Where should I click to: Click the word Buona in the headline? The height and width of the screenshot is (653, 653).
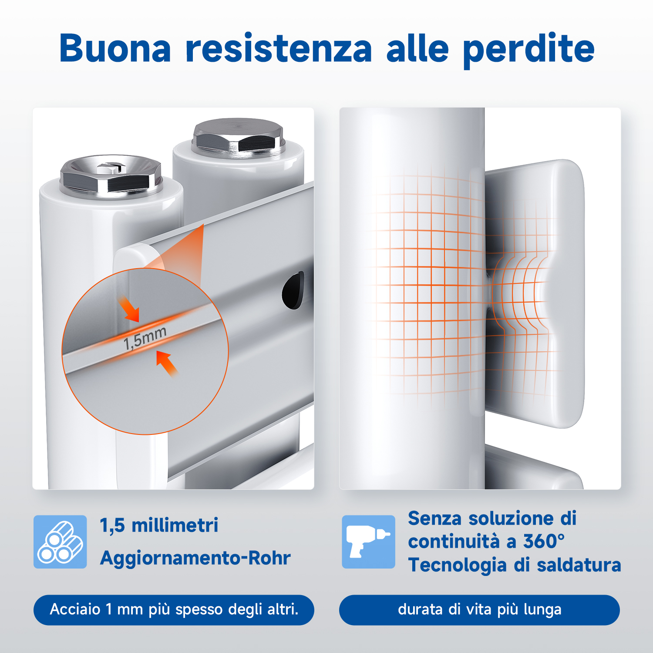(x=115, y=48)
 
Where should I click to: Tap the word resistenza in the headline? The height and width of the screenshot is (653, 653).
(x=279, y=48)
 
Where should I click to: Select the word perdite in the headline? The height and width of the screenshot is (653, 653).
(x=528, y=50)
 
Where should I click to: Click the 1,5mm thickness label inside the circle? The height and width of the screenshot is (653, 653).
(x=145, y=338)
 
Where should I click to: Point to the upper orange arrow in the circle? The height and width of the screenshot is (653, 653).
(x=129, y=309)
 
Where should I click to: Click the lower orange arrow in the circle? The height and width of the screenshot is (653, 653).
(x=167, y=364)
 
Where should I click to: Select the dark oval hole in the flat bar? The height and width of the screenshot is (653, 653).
(x=293, y=290)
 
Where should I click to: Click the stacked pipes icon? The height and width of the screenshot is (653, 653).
(x=60, y=542)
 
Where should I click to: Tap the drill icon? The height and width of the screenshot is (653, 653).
(x=368, y=542)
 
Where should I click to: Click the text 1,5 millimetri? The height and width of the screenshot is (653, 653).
(x=159, y=525)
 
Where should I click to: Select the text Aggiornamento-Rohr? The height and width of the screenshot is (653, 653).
(x=195, y=558)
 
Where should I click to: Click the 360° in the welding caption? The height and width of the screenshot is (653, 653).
(x=544, y=542)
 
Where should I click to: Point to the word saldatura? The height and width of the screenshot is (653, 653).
(x=579, y=565)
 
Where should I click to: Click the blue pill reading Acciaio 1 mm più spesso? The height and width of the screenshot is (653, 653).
(x=174, y=610)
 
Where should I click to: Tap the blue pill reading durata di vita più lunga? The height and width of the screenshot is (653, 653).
(x=479, y=610)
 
